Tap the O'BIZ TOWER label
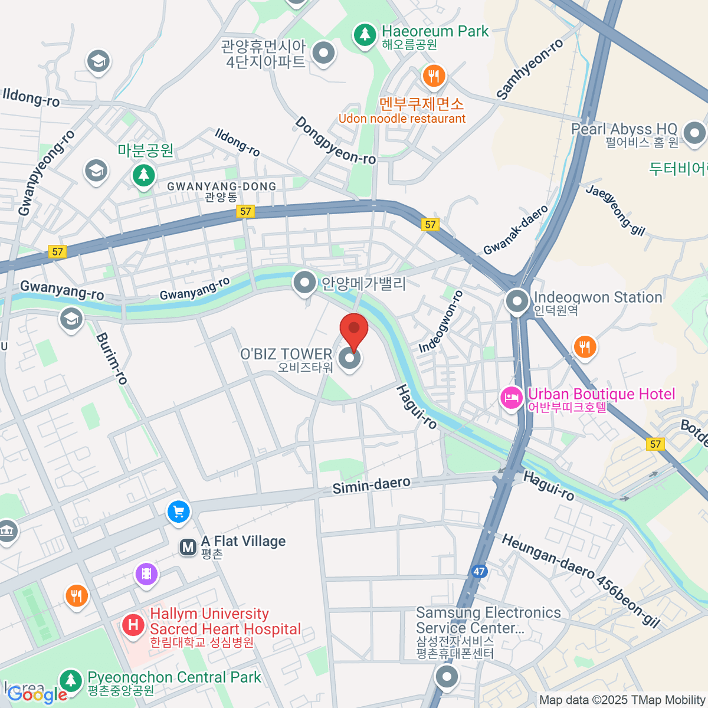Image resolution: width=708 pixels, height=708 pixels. tap(286, 354)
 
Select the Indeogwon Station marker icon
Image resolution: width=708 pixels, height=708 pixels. tap(517, 301)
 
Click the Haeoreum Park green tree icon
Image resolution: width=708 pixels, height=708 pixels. tap(365, 34)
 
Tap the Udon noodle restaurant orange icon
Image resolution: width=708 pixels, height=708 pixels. tap(434, 76)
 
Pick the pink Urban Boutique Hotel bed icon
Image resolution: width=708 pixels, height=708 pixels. tap(511, 398)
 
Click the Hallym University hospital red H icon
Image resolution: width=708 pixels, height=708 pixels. tap(133, 624)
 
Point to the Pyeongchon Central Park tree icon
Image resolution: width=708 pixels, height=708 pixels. tap(71, 680)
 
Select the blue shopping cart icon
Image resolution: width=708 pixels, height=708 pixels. tap(178, 512)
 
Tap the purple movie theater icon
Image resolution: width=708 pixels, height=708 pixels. tap(146, 573)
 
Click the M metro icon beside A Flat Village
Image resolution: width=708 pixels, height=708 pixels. tap(188, 548)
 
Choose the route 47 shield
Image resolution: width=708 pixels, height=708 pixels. tap(479, 571)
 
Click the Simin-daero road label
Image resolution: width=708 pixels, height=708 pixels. tap(371, 486)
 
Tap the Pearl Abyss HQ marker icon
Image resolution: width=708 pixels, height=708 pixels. tap(694, 132)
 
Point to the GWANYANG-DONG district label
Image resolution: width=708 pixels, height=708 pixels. tap(221, 186)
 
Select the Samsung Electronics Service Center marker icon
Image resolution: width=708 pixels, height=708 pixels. tap(447, 677)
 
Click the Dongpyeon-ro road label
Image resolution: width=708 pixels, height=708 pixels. tap(335, 140)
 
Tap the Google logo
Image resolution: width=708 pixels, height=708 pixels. tap(37, 695)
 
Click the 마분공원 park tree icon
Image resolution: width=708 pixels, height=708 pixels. tap(143, 175)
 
